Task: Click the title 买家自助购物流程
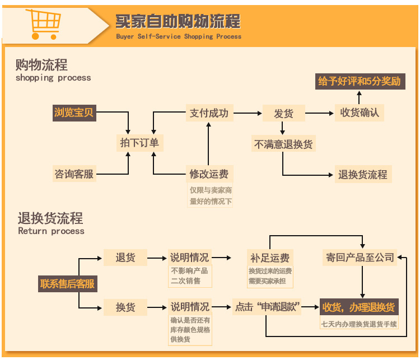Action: click(x=178, y=22)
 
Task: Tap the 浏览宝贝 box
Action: click(x=74, y=113)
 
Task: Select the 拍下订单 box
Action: click(x=139, y=143)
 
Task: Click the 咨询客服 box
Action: click(x=74, y=174)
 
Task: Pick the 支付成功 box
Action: click(x=209, y=113)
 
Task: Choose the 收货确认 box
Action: click(x=360, y=113)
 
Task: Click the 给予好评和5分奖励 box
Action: click(x=359, y=81)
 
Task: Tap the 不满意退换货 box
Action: click(x=283, y=144)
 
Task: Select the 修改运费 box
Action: click(x=209, y=174)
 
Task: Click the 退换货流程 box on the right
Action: click(x=362, y=175)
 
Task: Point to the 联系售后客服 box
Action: click(x=67, y=284)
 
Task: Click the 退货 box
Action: click(x=125, y=258)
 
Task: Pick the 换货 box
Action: click(x=125, y=307)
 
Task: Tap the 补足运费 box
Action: click(x=270, y=258)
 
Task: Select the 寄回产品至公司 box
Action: click(x=360, y=258)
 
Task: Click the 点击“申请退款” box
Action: click(x=268, y=307)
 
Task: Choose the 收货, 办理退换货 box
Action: click(x=358, y=307)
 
